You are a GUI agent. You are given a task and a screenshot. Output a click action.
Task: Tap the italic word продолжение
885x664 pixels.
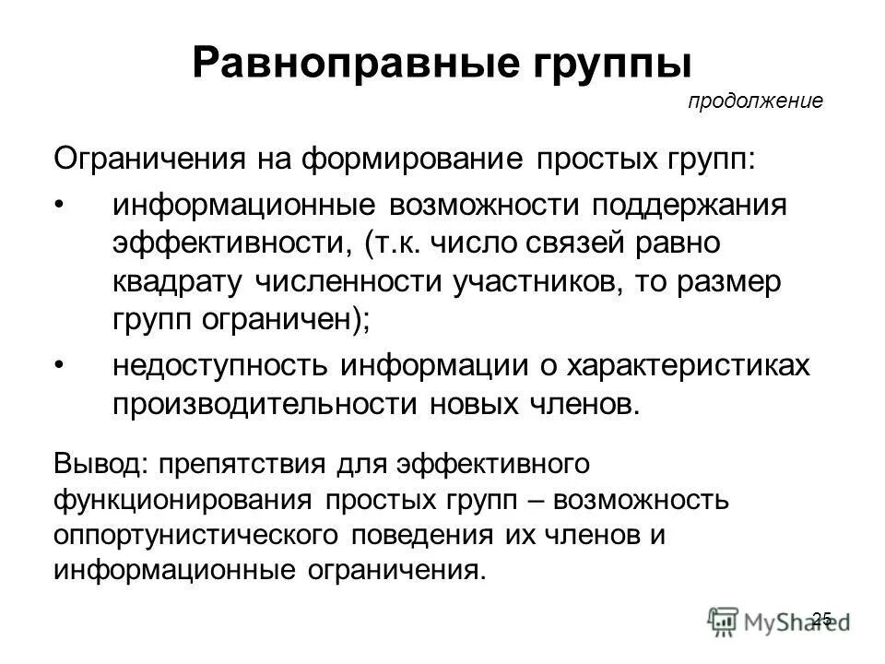coord(754,101)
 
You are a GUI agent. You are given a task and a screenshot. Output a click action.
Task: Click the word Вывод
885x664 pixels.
coord(89,461)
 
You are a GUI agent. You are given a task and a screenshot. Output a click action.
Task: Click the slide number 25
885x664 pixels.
coord(823,618)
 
